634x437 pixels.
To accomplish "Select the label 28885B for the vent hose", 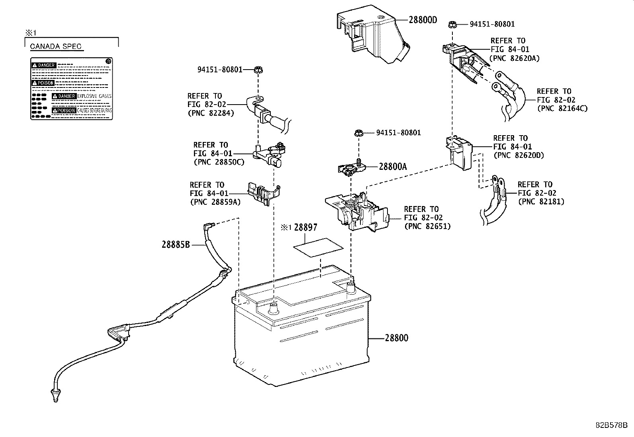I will pos(176,245).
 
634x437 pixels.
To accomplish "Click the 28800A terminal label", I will pos(393,167).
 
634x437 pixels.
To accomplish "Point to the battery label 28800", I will pos(396,338).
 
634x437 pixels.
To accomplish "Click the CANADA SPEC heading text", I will pos(56,47).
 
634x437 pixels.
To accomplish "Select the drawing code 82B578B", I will pos(611,425).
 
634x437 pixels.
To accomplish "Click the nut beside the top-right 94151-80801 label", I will pos(452,24).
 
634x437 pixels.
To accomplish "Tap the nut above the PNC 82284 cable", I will pos(258,70).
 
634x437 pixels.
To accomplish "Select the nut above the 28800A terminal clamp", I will pos(358,133).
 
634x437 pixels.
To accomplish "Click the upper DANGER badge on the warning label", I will pos(44,65).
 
